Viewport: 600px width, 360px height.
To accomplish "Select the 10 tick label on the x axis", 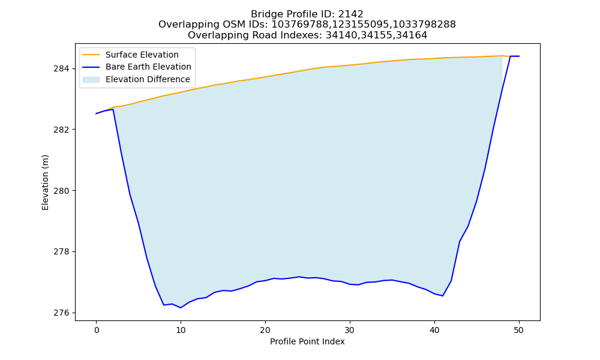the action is click(181, 330).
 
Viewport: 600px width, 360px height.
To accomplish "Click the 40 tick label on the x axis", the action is click(434, 330).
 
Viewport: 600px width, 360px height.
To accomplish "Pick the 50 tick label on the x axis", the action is click(519, 330).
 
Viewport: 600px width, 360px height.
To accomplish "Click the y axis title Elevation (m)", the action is click(45, 182).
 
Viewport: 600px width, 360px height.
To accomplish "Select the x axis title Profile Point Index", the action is click(307, 341).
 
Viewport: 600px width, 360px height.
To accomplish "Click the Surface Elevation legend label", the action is click(142, 55).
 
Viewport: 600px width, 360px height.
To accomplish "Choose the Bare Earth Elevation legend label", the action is click(148, 67).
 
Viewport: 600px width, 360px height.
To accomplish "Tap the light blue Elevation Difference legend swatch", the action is click(91, 80).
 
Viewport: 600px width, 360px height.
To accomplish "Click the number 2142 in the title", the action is click(350, 14).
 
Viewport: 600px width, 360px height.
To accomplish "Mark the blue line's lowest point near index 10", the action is click(181, 308).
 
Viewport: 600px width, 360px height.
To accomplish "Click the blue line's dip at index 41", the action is click(443, 296).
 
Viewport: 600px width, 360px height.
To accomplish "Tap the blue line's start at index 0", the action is click(96, 113).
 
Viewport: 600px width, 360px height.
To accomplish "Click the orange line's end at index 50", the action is click(519, 56).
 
